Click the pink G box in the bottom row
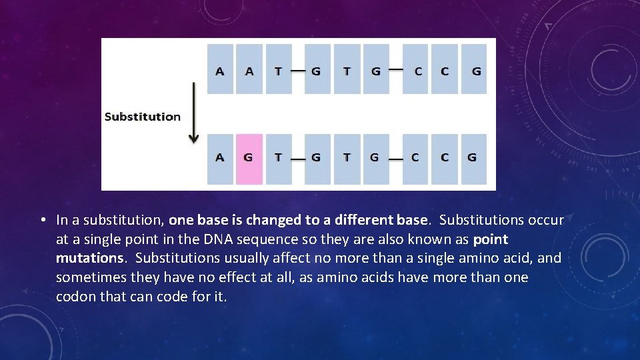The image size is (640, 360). pos(249,159)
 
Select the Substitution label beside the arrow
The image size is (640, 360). pos(143,117)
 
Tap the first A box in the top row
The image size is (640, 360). pos(220,69)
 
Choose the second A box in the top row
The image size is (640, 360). pos(249,69)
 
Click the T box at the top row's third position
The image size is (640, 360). pos(279,69)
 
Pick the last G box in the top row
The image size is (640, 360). pos(475,69)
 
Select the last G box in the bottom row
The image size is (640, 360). pos(472,159)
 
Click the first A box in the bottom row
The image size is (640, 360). pos(220,159)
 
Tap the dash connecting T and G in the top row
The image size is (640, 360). pos(297,71)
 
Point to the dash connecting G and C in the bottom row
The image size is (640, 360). pos(395,159)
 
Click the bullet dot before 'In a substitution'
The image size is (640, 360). pos(42,220)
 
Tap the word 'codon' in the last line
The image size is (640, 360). pos(76,296)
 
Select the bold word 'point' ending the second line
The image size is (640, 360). pos(490,239)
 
